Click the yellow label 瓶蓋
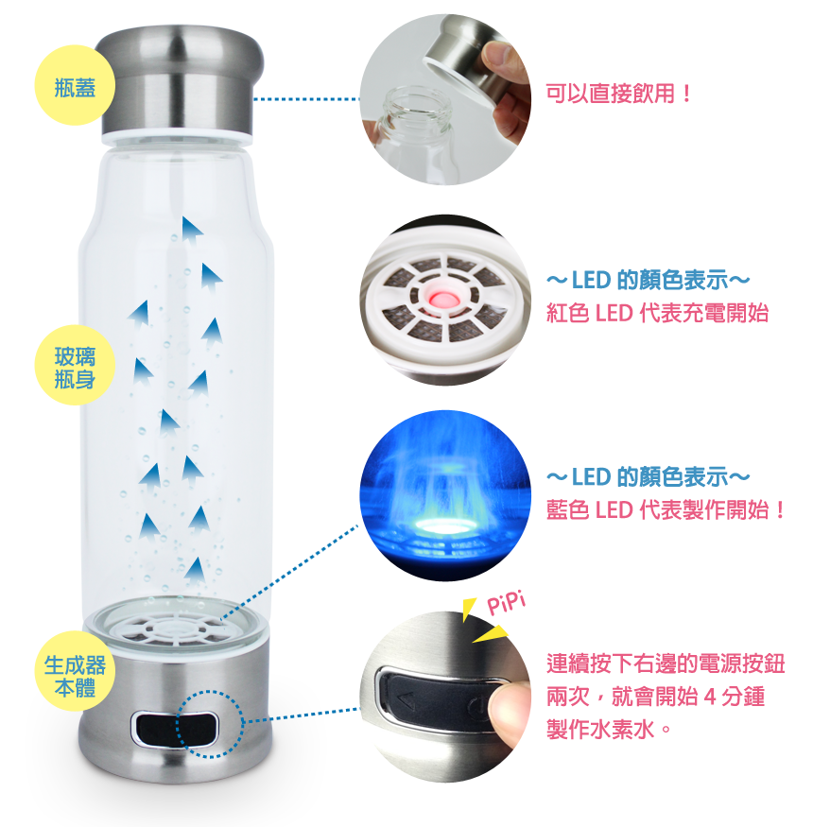pyautogui.click(x=74, y=88)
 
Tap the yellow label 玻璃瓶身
pyautogui.click(x=75, y=368)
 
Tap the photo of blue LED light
pyautogui.click(x=445, y=495)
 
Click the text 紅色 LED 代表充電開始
pyautogui.click(x=658, y=314)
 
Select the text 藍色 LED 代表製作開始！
pyautogui.click(x=666, y=509)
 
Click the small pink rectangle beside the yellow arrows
pyautogui.click(x=506, y=602)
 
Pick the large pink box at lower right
pyautogui.click(x=665, y=696)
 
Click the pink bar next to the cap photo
pyautogui.click(x=616, y=93)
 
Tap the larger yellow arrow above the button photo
pyautogui.click(x=493, y=631)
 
